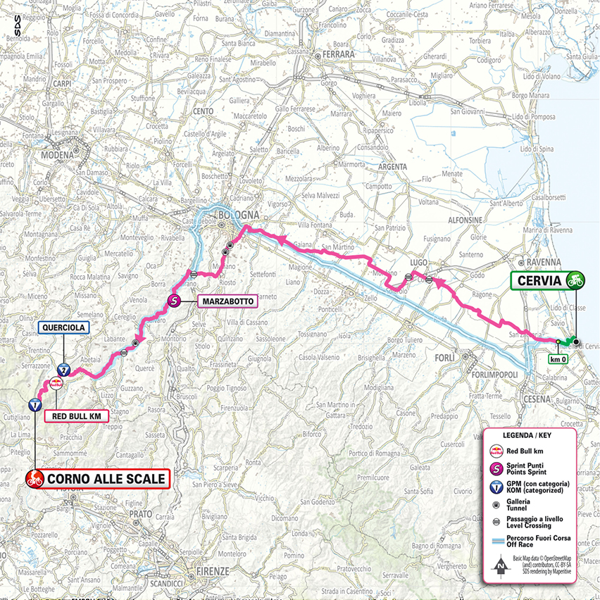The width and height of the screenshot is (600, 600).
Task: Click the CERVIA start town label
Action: point(539,281)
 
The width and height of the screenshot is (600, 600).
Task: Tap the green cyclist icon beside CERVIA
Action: point(575,281)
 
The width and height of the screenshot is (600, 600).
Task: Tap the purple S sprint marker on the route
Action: point(175,301)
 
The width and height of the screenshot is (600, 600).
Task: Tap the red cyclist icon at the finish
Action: point(33,480)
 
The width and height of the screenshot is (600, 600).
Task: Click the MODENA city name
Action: point(57,155)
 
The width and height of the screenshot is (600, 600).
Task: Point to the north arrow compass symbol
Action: point(499,565)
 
